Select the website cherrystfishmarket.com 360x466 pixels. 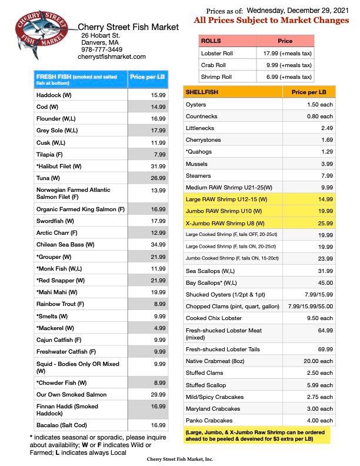(111, 56)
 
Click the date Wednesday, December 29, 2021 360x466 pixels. (297, 10)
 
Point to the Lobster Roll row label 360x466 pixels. (218, 53)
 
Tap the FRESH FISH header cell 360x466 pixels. (80, 80)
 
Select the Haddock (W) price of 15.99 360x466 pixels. (158, 95)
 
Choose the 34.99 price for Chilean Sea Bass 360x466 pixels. (158, 244)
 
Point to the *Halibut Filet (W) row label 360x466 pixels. (59, 167)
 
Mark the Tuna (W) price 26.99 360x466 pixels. (158, 178)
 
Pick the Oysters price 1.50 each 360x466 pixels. (319, 104)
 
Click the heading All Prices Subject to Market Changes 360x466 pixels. (271, 21)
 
